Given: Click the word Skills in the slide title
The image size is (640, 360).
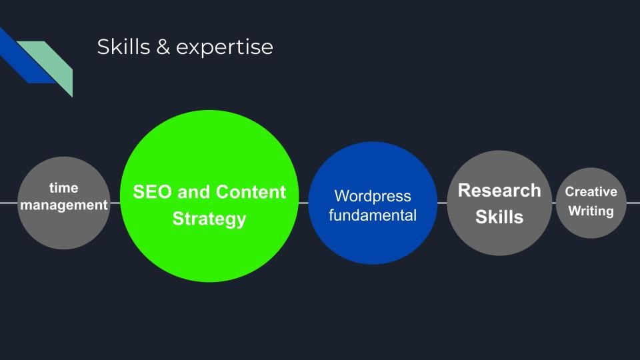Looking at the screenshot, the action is [124, 47].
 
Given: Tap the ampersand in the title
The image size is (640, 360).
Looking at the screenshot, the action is [163, 47].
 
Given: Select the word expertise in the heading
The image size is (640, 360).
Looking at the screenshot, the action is [225, 48].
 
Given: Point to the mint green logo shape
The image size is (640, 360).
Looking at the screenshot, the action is [51, 61].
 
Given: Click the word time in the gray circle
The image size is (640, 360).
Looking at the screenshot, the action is [64, 188].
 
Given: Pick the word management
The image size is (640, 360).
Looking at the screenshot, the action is [64, 205].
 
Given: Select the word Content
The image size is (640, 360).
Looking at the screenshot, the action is [251, 192].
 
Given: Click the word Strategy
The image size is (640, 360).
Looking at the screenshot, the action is [209, 219].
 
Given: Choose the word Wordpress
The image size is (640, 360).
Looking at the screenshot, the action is [373, 196].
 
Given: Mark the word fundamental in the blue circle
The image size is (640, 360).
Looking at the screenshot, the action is [373, 215].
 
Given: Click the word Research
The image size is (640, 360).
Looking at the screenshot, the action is [499, 191].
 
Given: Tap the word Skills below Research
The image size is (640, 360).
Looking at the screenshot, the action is [499, 217].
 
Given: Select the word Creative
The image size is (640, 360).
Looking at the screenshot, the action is [591, 191].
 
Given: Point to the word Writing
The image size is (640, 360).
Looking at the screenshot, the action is [591, 211].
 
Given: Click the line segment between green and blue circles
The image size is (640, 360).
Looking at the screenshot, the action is [303, 203].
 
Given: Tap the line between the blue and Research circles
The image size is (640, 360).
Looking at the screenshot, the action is [442, 203].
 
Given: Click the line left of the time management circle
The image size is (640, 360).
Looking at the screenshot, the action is [9, 203].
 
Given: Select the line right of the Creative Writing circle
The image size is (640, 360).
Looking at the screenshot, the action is [633, 203].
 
